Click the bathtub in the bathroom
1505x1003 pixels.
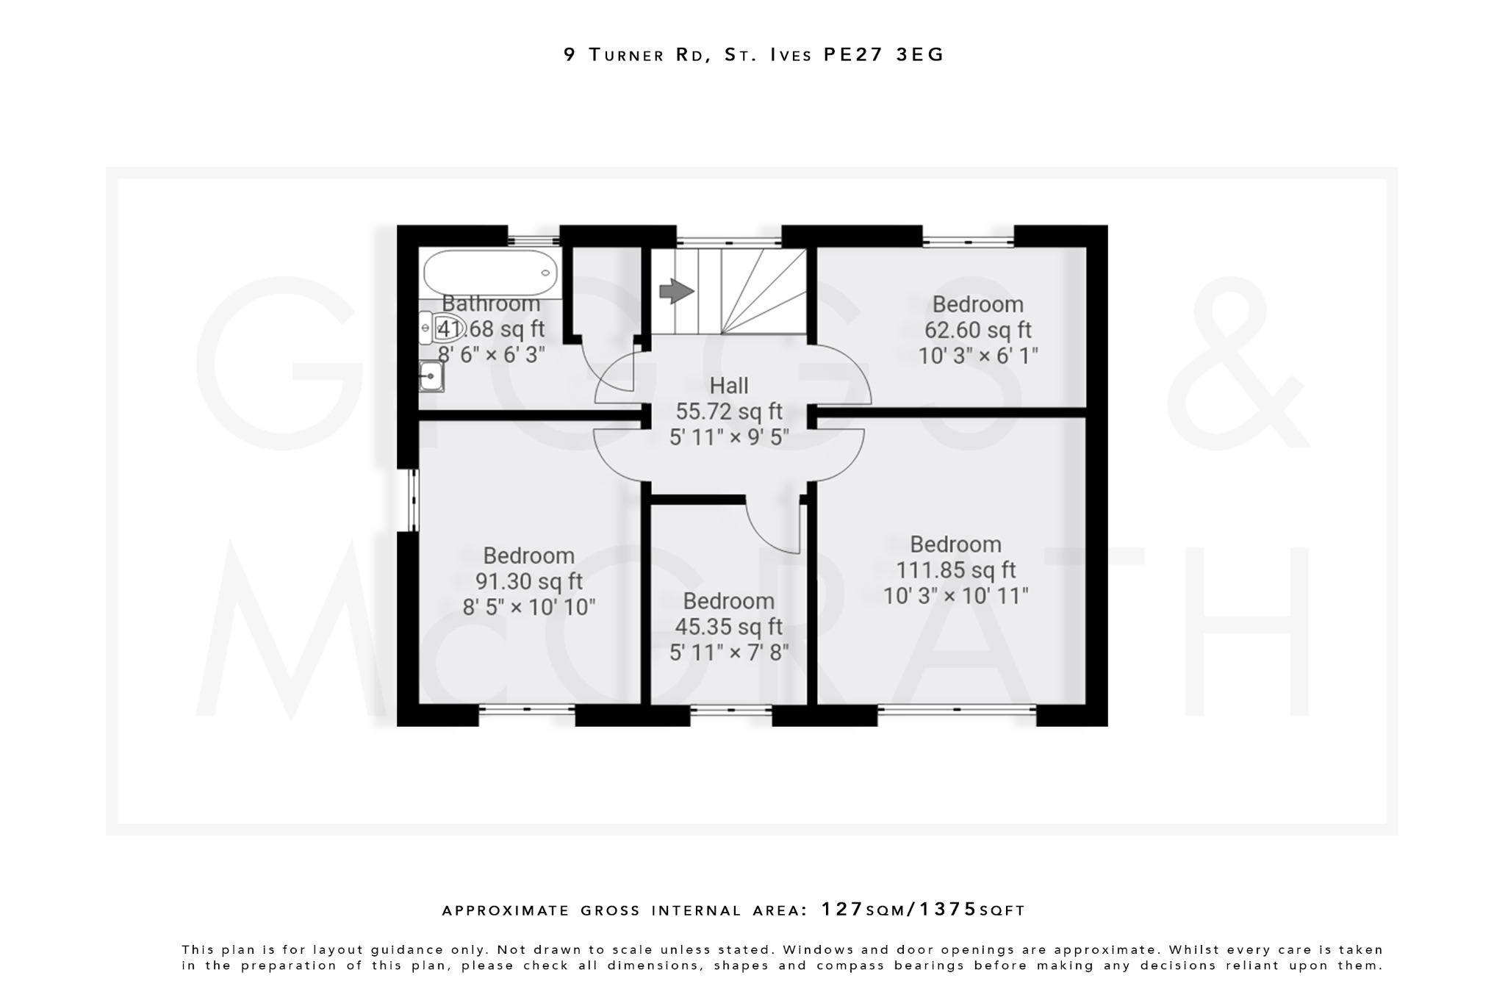490,273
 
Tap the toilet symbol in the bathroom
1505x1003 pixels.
442,328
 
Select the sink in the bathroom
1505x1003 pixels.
431,377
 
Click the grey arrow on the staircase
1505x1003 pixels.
676,291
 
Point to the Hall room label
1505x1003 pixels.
728,386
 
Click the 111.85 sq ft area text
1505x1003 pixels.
955,570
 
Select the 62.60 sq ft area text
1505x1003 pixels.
977,330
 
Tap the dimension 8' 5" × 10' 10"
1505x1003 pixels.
528,608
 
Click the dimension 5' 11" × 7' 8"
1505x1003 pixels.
728,653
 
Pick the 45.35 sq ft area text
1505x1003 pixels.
728,627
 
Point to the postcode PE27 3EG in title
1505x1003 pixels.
883,55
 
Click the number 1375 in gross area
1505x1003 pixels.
948,910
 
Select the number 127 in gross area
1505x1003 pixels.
842,910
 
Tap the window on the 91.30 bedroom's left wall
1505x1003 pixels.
413,500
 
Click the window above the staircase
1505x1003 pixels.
728,240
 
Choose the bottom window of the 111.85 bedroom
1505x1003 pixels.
957,710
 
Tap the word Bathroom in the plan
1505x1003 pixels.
491,303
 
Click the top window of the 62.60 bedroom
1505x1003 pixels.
968,240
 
